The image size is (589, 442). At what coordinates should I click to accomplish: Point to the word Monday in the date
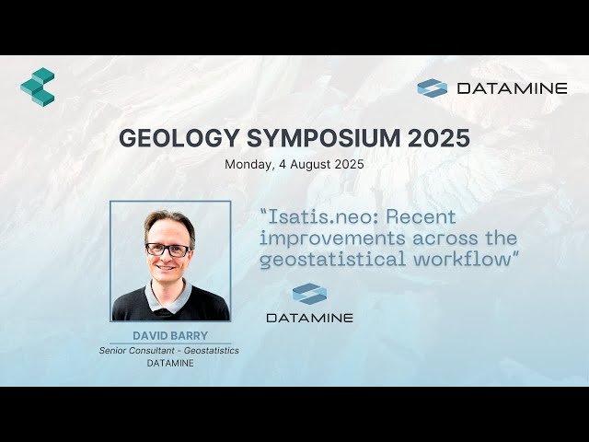click(x=247, y=165)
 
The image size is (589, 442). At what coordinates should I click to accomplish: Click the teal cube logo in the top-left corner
click(x=38, y=87)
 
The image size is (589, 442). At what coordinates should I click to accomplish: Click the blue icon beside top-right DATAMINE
click(x=432, y=88)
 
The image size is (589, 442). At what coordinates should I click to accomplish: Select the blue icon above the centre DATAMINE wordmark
click(x=309, y=294)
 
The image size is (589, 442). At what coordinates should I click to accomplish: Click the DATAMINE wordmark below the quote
click(x=309, y=318)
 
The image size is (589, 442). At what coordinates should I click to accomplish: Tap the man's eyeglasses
click(x=167, y=250)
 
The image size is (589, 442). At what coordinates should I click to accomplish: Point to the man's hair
click(x=169, y=222)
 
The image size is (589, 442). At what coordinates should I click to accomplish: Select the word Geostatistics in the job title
click(x=209, y=351)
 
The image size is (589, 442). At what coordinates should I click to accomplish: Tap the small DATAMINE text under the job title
click(x=170, y=363)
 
